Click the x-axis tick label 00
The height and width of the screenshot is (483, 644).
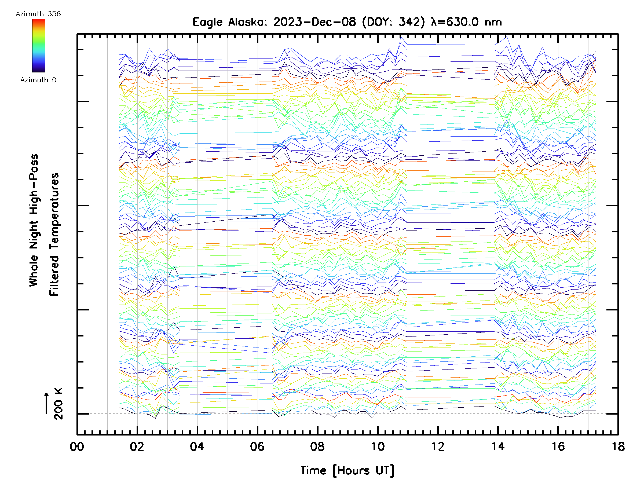pos(77,447)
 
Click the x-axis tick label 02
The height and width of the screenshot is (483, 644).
pos(137,447)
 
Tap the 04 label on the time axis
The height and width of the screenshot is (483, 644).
pos(197,447)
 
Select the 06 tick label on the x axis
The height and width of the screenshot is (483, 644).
pos(257,447)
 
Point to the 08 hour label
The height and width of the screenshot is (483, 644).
pos(317,447)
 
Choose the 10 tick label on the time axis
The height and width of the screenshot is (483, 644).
pos(378,447)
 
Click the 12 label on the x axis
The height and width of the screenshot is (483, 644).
pos(438,447)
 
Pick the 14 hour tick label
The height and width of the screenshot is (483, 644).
pos(498,447)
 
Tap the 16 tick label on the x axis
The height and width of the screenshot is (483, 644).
pos(558,447)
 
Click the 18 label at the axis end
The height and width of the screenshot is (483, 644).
pos(618,447)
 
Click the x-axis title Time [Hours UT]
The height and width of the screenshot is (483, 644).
pos(347,470)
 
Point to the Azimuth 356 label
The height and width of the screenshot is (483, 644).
pos(38,14)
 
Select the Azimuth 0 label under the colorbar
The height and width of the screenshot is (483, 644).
pos(38,80)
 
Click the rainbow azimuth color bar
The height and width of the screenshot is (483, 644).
pos(39,46)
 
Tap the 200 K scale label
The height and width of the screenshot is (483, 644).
pos(58,404)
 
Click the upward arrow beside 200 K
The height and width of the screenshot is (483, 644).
pos(47,403)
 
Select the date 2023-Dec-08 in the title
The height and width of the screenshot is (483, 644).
pos(314,22)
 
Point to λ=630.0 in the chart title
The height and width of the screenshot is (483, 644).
pos(455,22)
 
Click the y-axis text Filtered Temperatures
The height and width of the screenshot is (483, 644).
pos(54,234)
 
